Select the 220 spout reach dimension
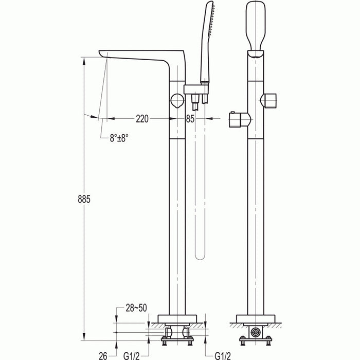click(142, 119)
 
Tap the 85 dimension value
click(190, 119)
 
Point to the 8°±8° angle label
click(119, 138)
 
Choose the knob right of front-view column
click(270, 99)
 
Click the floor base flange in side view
click(177, 319)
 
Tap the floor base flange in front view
click(256, 319)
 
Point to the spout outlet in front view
click(256, 53)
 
